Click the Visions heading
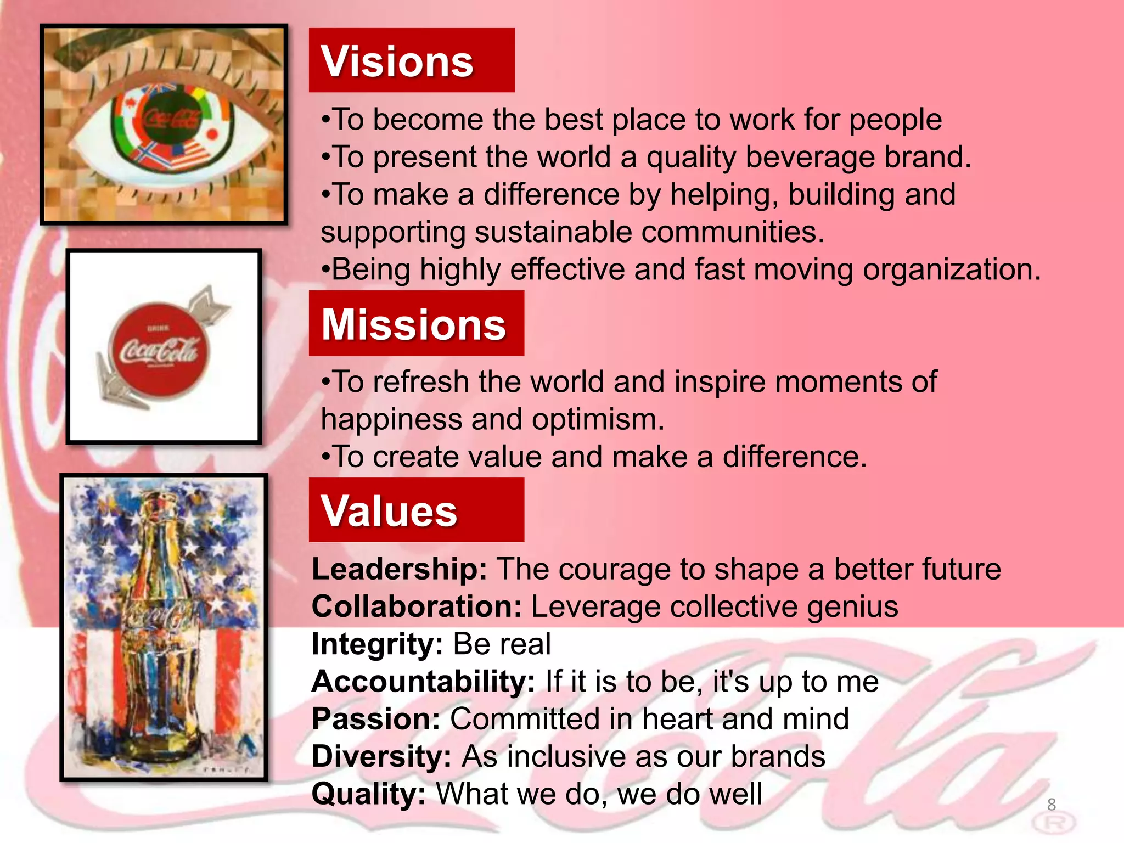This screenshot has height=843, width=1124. point(397,61)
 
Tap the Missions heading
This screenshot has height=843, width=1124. point(413,324)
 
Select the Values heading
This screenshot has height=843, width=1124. point(389,511)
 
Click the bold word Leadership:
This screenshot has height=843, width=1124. point(399,569)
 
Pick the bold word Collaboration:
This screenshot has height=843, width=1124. point(416,607)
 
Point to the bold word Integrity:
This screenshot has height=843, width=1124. point(376,644)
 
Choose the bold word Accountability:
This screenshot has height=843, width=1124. point(423,682)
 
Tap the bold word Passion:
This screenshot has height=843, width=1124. point(375,719)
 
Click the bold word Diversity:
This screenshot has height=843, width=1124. point(381,757)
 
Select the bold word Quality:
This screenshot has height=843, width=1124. point(368,794)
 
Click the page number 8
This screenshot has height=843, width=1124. point(1051,805)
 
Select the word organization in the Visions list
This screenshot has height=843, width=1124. point(951,270)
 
